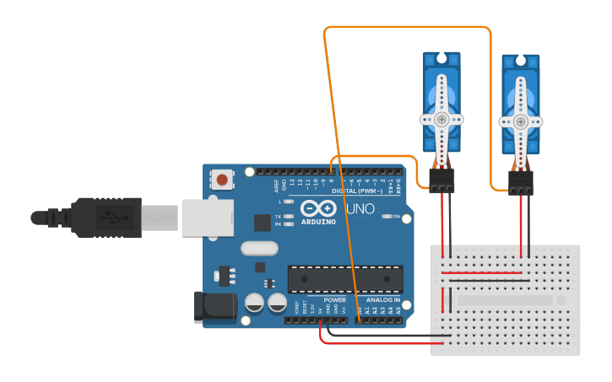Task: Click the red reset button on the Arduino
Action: coord(223,179)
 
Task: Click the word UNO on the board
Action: coord(361,207)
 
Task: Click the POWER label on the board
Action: coord(334,299)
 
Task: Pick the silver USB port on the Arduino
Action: coord(207,218)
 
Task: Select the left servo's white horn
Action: coord(441,119)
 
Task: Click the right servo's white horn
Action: coord(520,121)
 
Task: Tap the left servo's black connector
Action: coord(441,179)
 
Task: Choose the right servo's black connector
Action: coord(521,182)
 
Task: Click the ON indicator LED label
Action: coord(394,217)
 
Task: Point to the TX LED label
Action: coord(279,217)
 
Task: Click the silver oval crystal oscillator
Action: coord(258,249)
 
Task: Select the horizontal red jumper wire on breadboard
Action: coord(482,272)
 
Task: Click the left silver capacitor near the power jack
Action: coord(254,303)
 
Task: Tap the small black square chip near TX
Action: coord(262,222)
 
